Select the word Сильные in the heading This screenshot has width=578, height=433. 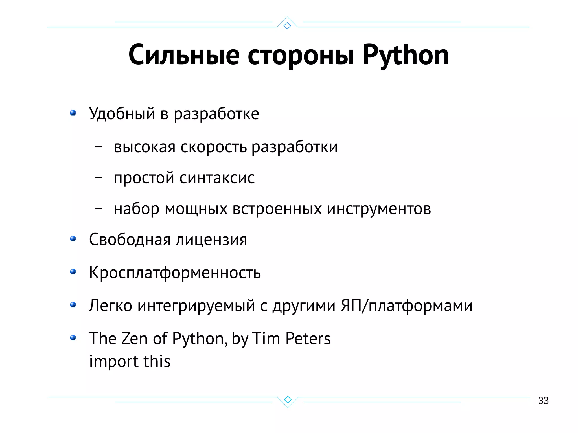tap(184, 55)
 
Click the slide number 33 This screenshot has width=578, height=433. tap(543, 400)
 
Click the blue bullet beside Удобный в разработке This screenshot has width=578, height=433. tap(73, 113)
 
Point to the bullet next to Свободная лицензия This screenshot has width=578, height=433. tap(73, 239)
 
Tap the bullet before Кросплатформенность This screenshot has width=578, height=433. tap(73, 272)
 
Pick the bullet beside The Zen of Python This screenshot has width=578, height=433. tap(73, 338)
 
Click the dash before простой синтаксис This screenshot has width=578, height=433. tap(98, 177)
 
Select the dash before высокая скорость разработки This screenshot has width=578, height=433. tap(98, 146)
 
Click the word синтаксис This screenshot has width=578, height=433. tap(217, 178)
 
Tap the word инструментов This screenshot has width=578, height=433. tap(379, 209)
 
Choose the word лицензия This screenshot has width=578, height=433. tap(211, 240)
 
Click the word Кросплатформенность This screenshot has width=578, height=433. tap(175, 273)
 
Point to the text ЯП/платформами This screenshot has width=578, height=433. tap(406, 306)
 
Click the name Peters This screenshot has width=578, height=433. tap(308, 339)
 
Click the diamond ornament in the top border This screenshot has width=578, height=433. tap(287, 26)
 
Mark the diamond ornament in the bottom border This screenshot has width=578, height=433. tap(288, 399)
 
